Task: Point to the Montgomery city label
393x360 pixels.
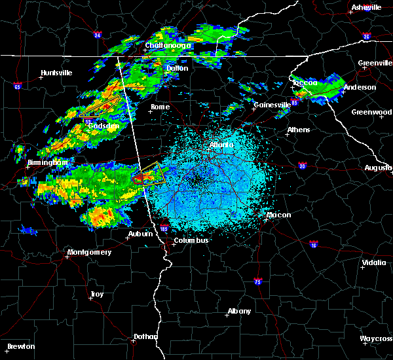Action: (x=90, y=252)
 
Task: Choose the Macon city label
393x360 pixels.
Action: (x=278, y=215)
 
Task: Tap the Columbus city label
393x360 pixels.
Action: (x=191, y=240)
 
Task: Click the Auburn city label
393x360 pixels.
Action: (x=140, y=234)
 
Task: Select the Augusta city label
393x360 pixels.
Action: (x=378, y=168)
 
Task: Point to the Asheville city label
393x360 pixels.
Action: (x=366, y=7)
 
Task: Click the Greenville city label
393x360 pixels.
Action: (x=375, y=63)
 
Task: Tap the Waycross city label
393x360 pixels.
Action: (x=376, y=338)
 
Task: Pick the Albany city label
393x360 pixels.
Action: (x=238, y=311)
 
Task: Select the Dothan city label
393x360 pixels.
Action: (x=145, y=336)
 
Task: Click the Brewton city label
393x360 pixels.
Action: (x=21, y=346)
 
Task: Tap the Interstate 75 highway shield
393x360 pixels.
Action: (x=258, y=281)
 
